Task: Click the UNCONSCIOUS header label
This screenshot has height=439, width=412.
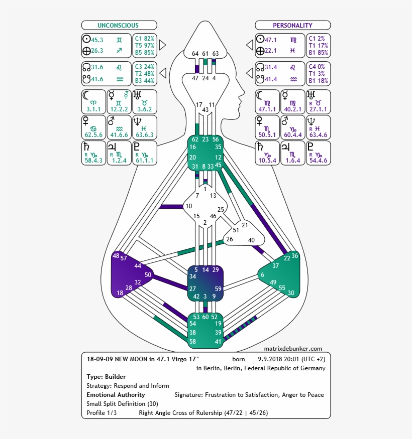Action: point(118,25)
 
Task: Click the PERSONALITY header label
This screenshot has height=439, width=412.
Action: point(292,25)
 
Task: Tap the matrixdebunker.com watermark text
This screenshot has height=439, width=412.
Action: point(293,349)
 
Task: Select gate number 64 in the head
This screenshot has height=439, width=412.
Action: point(195,54)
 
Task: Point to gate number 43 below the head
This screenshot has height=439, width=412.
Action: point(205,110)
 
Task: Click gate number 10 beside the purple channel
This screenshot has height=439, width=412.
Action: point(188,206)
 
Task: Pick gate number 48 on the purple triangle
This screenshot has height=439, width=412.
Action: point(116,256)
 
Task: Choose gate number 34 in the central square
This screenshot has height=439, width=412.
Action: point(192,276)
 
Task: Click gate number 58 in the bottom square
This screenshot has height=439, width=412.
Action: point(192,341)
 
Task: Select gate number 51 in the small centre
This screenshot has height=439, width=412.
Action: point(236,230)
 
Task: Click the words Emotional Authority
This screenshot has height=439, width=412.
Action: point(116,395)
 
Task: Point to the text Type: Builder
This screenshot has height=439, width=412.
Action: point(106,377)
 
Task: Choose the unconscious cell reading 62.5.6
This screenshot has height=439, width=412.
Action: point(93,134)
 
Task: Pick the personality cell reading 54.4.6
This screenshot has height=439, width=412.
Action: point(318,161)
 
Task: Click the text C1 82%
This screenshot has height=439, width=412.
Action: point(145,38)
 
